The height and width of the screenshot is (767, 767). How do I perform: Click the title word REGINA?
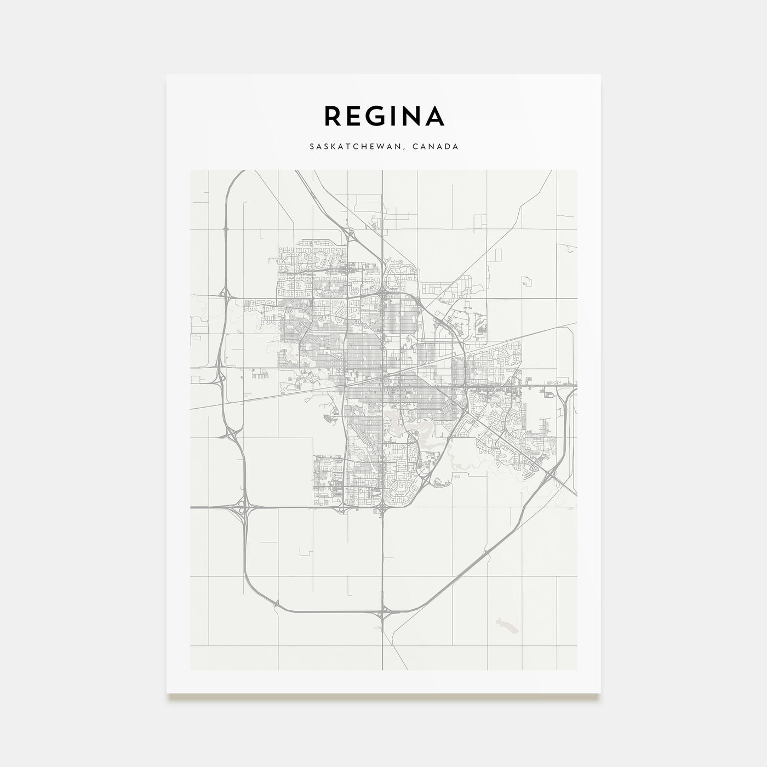coord(384,116)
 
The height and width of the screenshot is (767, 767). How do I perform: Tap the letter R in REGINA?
coord(334,116)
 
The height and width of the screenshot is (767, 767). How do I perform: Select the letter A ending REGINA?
coord(434,116)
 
